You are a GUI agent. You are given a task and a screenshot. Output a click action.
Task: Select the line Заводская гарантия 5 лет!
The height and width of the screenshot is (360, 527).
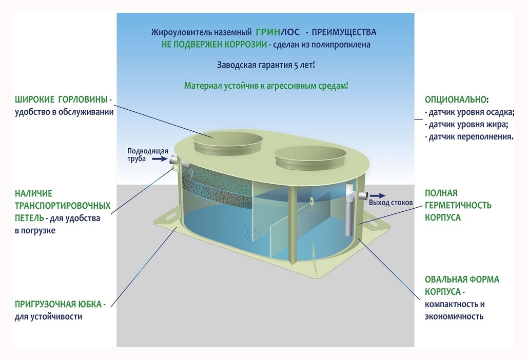(266, 65)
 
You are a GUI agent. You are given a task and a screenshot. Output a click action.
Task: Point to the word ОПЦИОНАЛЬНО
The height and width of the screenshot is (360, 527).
(456, 99)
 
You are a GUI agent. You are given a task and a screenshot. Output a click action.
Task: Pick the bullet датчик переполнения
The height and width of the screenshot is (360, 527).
(469, 137)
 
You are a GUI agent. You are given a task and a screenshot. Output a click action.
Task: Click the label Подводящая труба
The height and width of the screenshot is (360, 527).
(141, 154)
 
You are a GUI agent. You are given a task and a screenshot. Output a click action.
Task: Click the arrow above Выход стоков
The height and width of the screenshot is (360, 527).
(380, 195)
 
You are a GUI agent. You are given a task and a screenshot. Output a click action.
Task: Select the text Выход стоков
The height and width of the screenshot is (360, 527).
(391, 203)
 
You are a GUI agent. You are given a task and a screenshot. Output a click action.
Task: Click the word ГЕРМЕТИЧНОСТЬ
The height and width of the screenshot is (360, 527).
(458, 205)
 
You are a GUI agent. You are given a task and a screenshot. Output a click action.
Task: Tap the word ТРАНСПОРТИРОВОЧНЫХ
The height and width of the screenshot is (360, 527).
(63, 206)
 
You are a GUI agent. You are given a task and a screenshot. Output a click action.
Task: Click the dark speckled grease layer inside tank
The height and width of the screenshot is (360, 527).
(221, 184)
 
